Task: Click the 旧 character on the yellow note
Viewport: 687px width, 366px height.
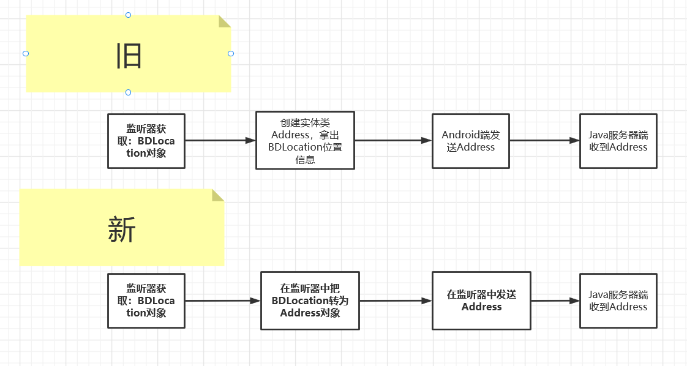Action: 129,56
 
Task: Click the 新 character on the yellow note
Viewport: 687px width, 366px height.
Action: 122,230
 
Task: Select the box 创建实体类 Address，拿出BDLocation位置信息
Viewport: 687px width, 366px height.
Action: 305,141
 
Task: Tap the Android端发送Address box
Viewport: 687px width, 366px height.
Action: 471,141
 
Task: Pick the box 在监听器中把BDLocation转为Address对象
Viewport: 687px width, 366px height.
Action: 310,301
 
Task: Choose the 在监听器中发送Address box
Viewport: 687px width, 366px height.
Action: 481,301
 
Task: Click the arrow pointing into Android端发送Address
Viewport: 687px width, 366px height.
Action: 393,141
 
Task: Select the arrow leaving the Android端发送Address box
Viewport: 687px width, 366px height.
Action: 544,141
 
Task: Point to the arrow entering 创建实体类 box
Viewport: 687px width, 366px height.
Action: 220,141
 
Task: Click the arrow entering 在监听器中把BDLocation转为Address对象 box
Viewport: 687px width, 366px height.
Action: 223,301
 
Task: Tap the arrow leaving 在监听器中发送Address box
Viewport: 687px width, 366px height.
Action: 555,301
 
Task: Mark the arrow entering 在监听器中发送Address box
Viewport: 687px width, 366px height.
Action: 396,301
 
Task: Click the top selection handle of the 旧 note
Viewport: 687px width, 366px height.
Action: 129,15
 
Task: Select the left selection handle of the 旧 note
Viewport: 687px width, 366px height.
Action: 26,53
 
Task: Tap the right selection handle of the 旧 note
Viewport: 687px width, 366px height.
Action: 231,53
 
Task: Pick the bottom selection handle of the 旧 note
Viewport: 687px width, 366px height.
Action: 129,92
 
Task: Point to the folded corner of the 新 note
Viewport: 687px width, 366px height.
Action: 217,196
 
